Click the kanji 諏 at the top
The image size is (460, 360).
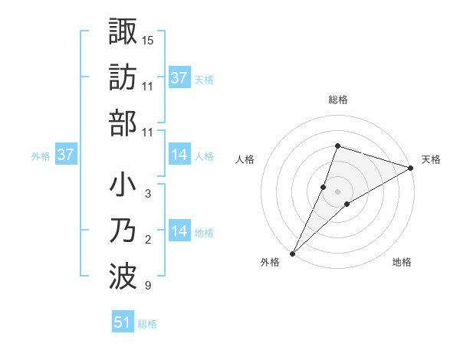click(x=123, y=32)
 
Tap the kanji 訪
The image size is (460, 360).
click(x=123, y=77)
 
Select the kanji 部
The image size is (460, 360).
click(x=123, y=123)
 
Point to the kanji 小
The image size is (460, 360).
click(x=123, y=186)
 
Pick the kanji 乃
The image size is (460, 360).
click(x=123, y=231)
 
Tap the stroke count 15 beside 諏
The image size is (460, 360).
click(x=148, y=39)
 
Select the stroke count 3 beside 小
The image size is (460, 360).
click(x=148, y=194)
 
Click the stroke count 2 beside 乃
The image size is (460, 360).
click(x=148, y=240)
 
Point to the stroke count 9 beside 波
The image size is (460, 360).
click(x=148, y=286)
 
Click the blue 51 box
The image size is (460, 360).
click(x=123, y=322)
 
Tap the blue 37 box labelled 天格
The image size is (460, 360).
click(x=179, y=77)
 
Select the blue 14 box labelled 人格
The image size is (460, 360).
click(x=179, y=155)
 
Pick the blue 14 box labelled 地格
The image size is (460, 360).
click(x=179, y=231)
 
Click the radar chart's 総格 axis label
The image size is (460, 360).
click(x=338, y=100)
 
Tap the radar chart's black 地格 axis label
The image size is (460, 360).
click(x=402, y=263)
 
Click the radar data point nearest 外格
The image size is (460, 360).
click(x=292, y=254)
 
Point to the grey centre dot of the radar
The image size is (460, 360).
click(x=338, y=191)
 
